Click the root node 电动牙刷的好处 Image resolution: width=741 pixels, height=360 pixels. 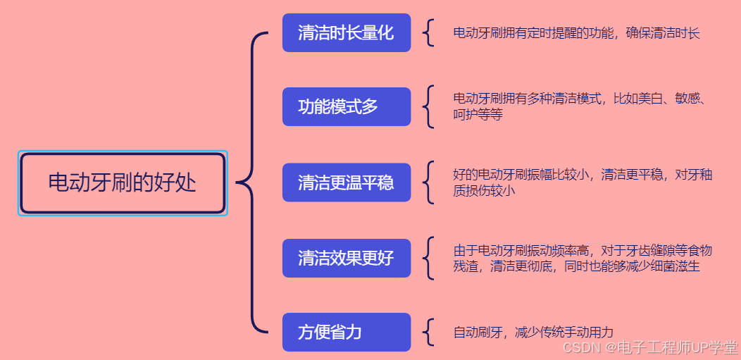(123, 183)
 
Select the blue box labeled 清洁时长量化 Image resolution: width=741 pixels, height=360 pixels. (346, 32)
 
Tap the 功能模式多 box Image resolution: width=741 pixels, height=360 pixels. (346, 106)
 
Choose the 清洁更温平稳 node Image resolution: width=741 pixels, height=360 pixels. (346, 182)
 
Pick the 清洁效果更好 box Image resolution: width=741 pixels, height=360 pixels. (346, 258)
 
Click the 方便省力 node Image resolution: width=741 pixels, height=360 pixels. (346, 332)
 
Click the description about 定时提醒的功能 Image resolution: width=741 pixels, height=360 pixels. (576, 33)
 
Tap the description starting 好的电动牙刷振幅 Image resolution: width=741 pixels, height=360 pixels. (583, 175)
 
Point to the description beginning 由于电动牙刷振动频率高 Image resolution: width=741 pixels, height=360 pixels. (583, 251)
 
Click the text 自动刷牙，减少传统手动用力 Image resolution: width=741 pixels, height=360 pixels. (533, 333)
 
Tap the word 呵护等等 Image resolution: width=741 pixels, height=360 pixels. (478, 115)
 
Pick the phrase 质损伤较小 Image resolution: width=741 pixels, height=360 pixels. (484, 190)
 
